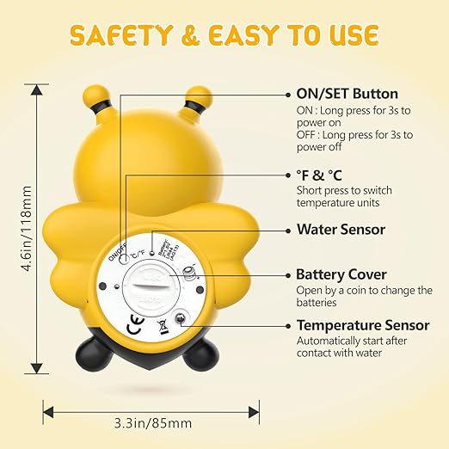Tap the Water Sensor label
[x=341, y=230]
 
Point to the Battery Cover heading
[x=341, y=274]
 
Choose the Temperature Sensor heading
[x=363, y=325]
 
